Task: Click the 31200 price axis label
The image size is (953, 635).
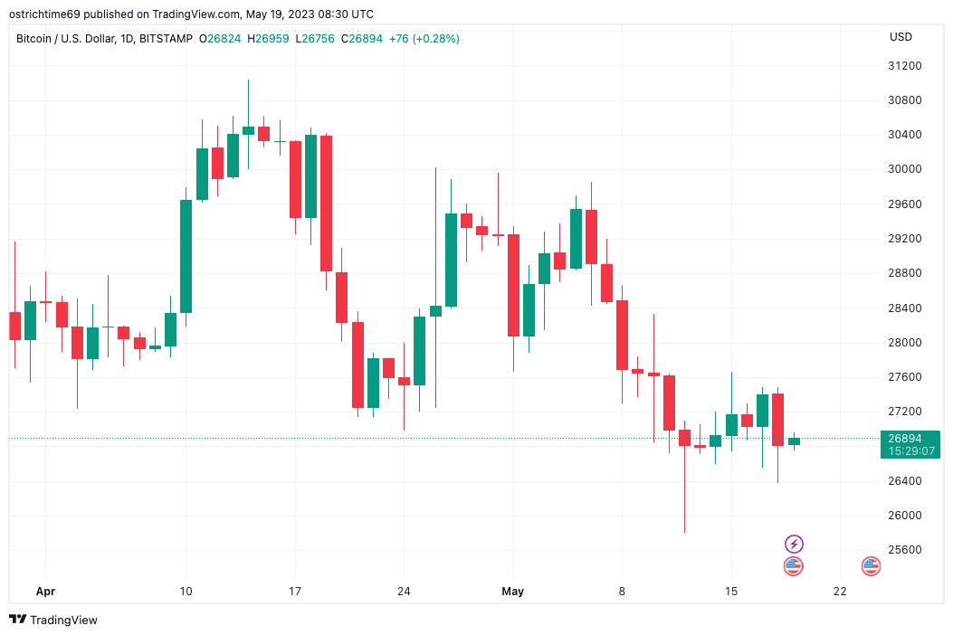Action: click(904, 66)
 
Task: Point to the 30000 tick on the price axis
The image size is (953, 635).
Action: click(904, 169)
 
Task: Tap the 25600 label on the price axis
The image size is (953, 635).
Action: click(904, 550)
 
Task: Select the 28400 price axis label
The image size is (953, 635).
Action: click(904, 308)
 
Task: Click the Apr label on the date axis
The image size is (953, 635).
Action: click(45, 592)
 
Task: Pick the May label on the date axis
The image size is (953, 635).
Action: click(512, 592)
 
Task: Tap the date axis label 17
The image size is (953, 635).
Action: click(295, 592)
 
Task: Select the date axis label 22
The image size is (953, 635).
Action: click(840, 592)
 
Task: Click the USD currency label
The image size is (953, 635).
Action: click(901, 37)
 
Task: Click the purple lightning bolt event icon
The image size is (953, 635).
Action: click(794, 544)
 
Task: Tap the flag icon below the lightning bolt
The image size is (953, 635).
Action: click(794, 566)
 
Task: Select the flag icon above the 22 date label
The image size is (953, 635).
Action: click(871, 566)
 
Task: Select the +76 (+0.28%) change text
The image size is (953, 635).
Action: click(424, 39)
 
